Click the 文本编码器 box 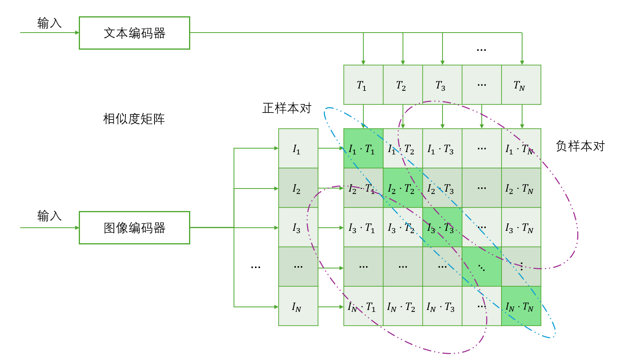coord(134,33)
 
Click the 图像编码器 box coord(134,228)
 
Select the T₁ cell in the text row coord(363,85)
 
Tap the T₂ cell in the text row coord(403,85)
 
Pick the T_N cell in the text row coord(521,85)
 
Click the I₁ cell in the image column coord(298,149)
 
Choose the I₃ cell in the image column coord(298,228)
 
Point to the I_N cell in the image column coord(298,306)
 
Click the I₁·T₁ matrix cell coord(363,149)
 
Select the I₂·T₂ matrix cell coord(403,188)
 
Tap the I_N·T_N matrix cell coord(521,306)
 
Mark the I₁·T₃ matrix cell coord(442,149)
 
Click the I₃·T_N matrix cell coord(521,228)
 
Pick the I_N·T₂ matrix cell coord(403,306)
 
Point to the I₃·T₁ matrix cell coord(363,228)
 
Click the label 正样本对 coord(287,108)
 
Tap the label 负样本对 coord(580,146)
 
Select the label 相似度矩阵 coord(134,119)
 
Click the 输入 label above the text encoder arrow coord(49,23)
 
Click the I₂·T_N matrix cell coord(521,188)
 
